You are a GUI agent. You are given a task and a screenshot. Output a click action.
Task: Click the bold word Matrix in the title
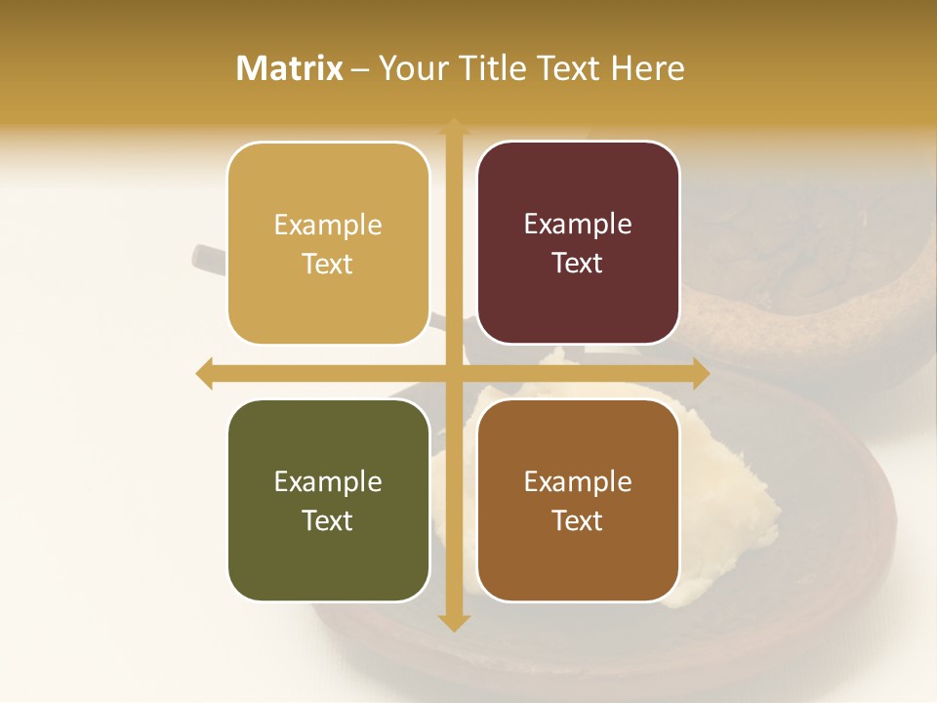click(290, 68)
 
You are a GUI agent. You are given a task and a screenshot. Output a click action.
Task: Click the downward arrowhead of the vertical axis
click(454, 622)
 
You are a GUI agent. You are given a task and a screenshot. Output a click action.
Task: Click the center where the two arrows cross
click(454, 373)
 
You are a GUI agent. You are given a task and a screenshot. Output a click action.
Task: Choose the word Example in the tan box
click(328, 226)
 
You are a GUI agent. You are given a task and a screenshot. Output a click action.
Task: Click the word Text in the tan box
click(328, 264)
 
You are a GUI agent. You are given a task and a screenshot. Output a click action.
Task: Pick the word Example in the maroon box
click(578, 225)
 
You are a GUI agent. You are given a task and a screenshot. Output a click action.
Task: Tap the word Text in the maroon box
click(578, 263)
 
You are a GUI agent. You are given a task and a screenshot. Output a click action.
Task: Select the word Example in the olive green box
click(328, 482)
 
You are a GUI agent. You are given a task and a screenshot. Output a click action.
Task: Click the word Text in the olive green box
click(328, 520)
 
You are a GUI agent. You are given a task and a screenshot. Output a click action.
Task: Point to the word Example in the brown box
click(578, 482)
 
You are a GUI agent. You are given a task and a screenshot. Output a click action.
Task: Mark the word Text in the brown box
click(578, 520)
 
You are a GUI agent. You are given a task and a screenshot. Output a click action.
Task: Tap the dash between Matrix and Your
click(360, 69)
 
